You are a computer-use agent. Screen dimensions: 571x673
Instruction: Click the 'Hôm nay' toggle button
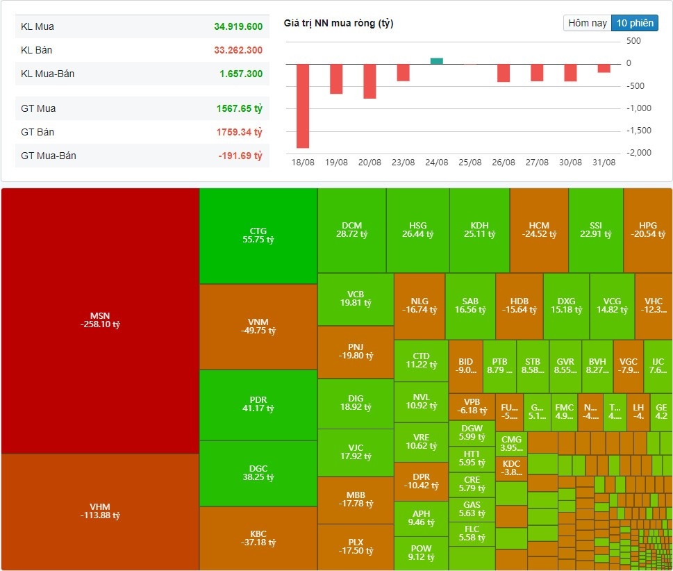point(588,23)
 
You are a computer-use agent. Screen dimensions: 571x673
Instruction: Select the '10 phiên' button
point(635,23)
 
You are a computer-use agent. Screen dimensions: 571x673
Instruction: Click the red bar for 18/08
point(303,106)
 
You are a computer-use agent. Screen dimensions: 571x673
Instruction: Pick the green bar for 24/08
point(436,61)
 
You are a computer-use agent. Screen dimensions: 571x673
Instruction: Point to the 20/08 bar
point(369,81)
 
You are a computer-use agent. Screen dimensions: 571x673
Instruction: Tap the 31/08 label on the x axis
point(604,163)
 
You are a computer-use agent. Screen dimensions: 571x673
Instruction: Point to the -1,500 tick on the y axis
point(640,130)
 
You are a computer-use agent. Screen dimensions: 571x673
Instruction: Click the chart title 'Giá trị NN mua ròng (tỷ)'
point(338,24)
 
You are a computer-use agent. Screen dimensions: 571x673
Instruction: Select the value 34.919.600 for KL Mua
point(238,26)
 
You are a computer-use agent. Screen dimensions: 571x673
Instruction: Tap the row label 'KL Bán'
point(37,50)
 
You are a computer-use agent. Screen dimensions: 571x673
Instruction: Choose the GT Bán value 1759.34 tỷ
point(239,132)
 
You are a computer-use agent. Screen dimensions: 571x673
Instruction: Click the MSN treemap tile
point(100,320)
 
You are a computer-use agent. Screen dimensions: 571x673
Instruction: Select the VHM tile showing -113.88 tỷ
point(100,511)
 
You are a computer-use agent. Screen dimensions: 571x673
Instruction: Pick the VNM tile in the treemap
point(258,326)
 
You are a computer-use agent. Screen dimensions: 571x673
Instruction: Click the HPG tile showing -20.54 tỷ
point(647,230)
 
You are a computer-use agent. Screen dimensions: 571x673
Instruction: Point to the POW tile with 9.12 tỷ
point(421,553)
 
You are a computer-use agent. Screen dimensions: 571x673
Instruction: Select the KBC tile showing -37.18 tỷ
point(258,538)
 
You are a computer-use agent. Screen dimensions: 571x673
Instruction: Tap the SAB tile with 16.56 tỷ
point(470,306)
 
